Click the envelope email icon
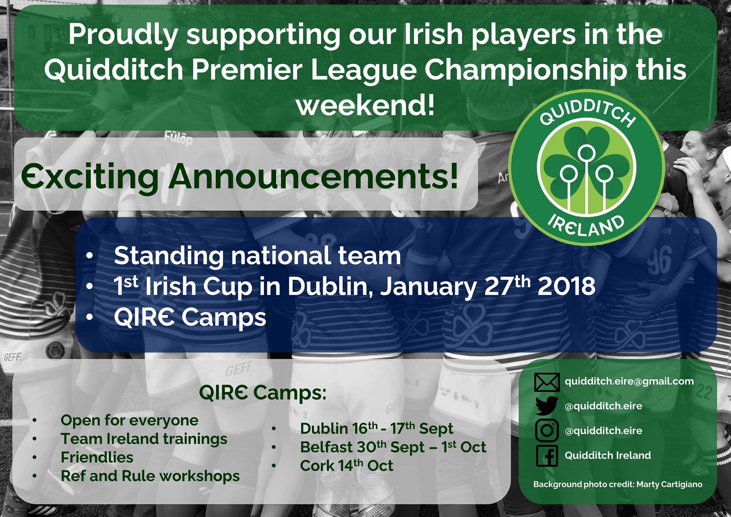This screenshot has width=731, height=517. point(547,382)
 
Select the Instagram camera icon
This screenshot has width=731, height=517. point(547,430)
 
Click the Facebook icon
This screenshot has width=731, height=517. point(547,455)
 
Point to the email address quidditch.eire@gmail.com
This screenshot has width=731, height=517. point(629,382)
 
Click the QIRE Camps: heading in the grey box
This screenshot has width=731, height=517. point(263,393)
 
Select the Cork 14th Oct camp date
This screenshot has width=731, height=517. point(347,465)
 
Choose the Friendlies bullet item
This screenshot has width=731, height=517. point(97,457)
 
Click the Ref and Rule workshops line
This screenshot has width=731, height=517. point(150,476)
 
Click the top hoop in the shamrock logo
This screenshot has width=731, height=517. point(585,153)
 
